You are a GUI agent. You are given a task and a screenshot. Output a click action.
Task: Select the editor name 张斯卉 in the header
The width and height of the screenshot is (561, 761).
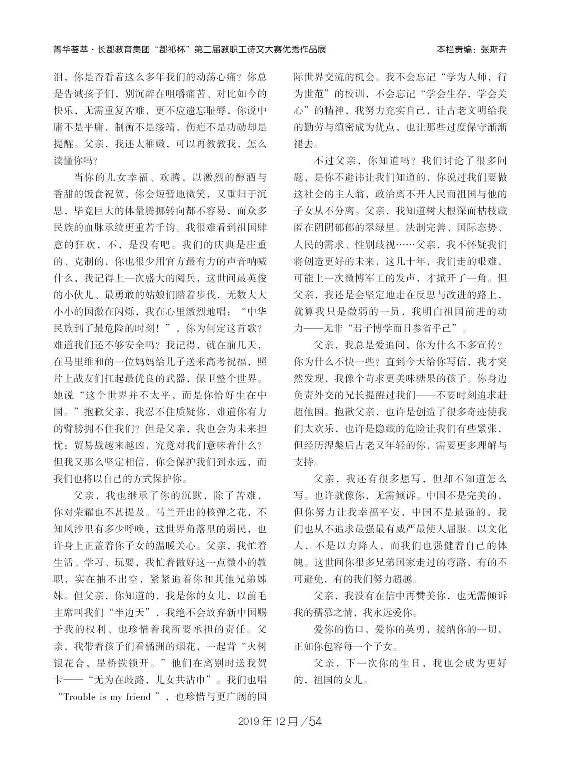493,50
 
